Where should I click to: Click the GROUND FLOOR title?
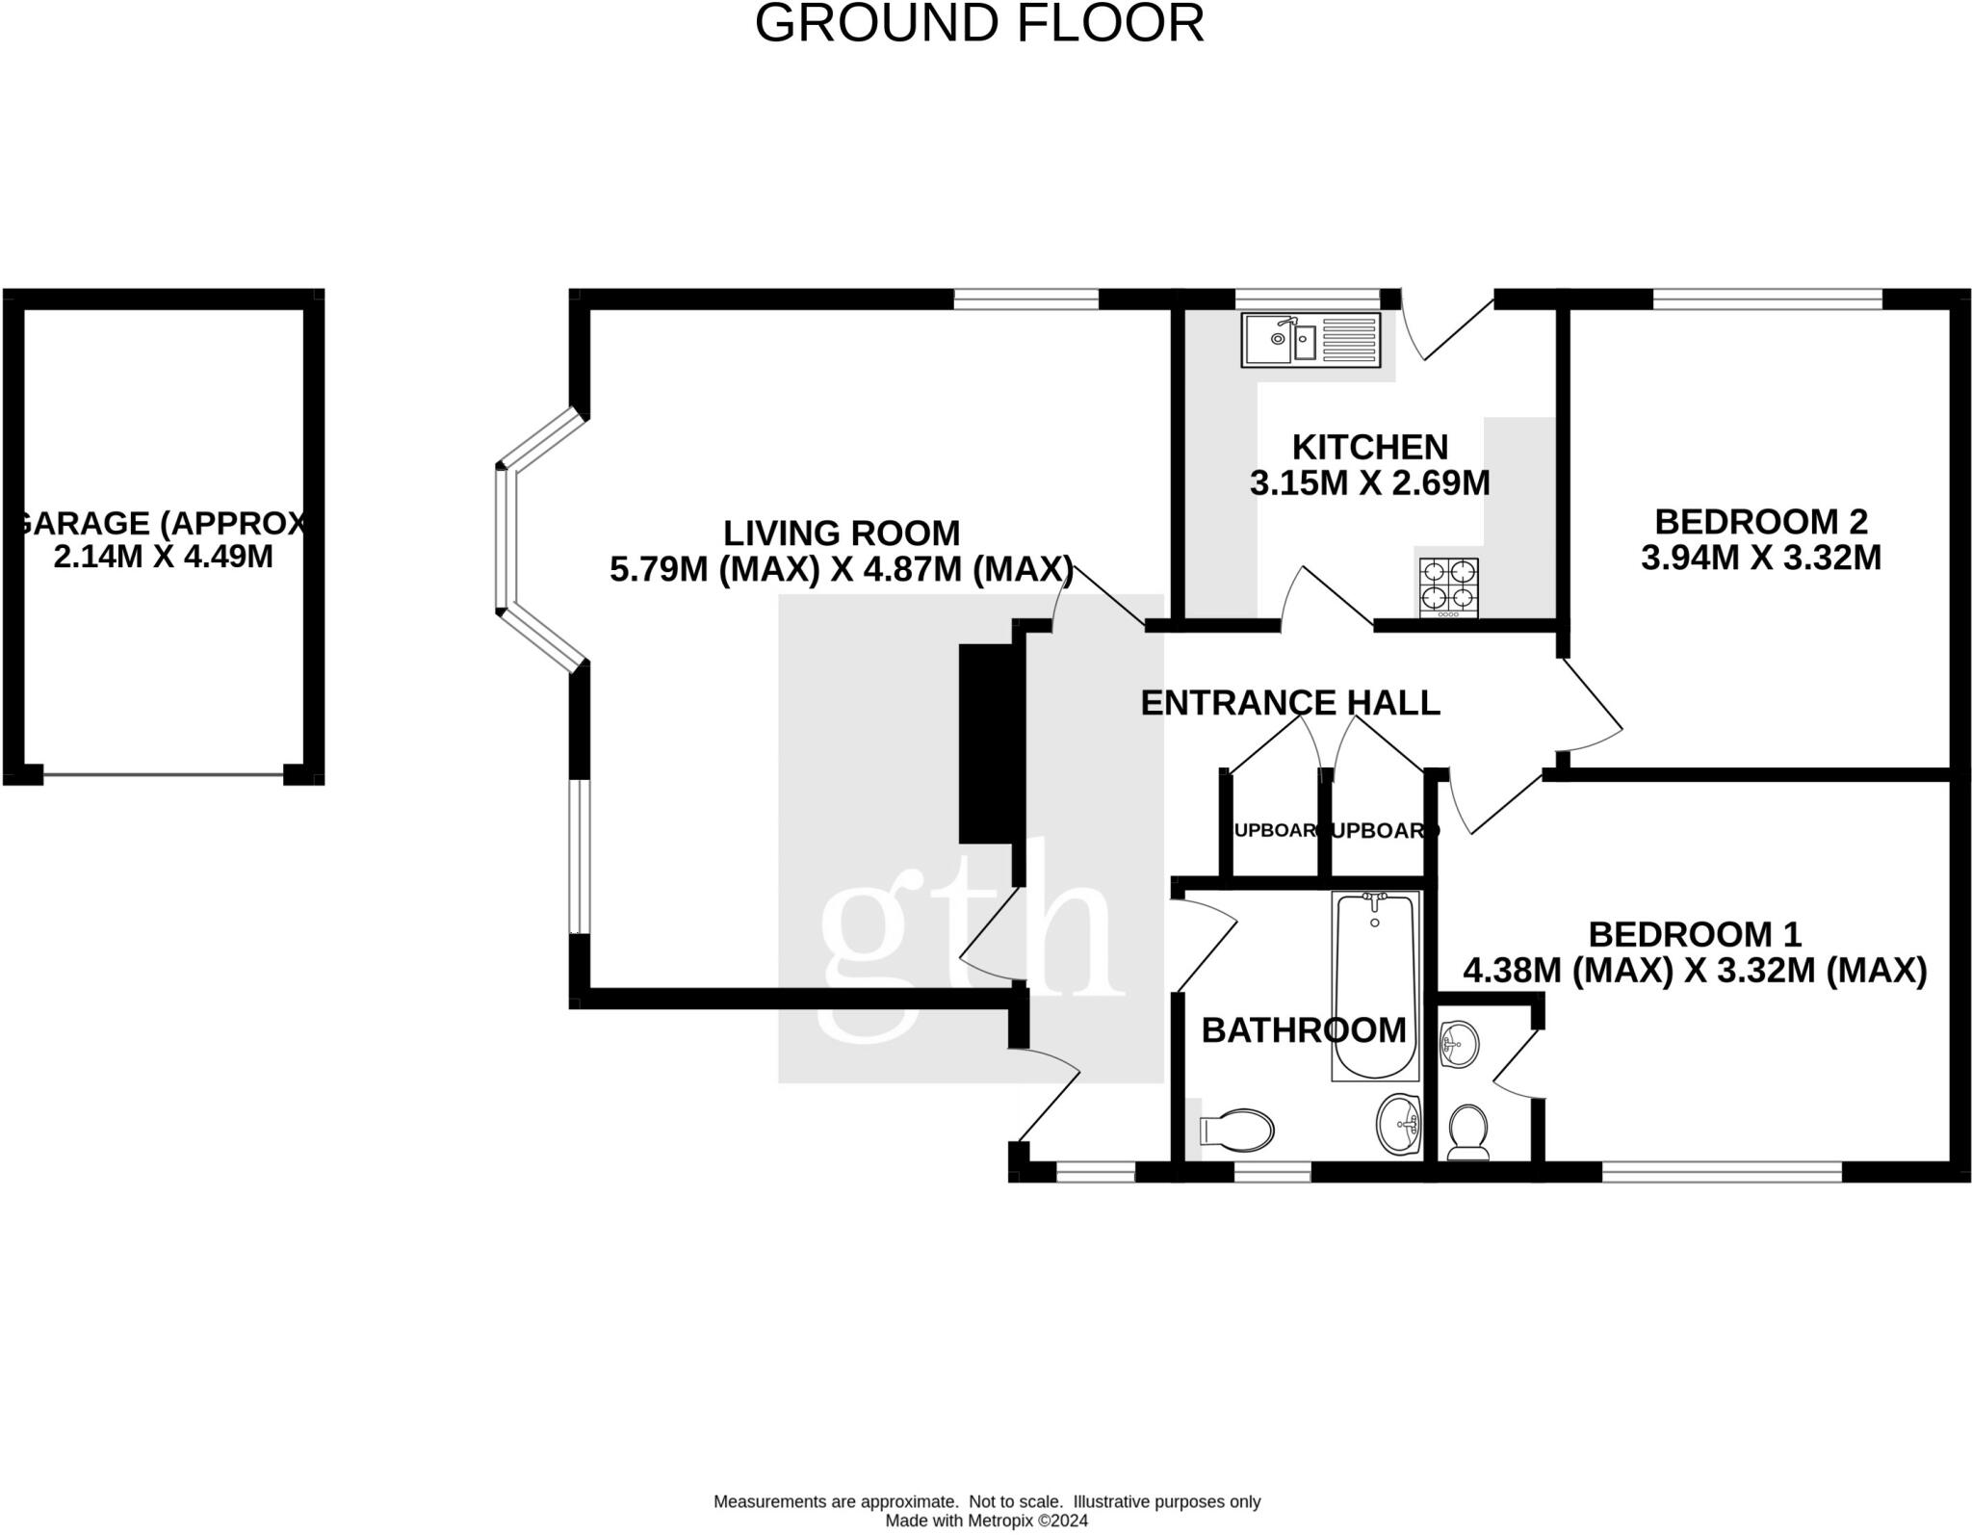pyautogui.click(x=979, y=24)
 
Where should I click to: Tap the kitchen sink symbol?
pyautogui.click(x=1310, y=340)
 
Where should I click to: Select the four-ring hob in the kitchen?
pyautogui.click(x=1448, y=587)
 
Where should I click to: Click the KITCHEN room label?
pyautogui.click(x=1369, y=448)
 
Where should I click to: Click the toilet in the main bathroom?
pyautogui.click(x=1237, y=1130)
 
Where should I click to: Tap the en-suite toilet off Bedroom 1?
pyautogui.click(x=1468, y=1131)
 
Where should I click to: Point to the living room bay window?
pyautogui.click(x=508, y=539)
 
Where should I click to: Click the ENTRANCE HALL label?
pyautogui.click(x=1289, y=703)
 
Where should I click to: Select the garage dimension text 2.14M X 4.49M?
pyautogui.click(x=164, y=557)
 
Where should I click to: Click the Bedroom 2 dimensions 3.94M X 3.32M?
pyautogui.click(x=1760, y=558)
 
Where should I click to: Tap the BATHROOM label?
pyautogui.click(x=1304, y=1030)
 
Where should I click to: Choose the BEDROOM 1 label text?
pyautogui.click(x=1694, y=934)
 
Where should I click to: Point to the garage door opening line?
pyautogui.click(x=164, y=774)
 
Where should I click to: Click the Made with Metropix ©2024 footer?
pyautogui.click(x=986, y=1522)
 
